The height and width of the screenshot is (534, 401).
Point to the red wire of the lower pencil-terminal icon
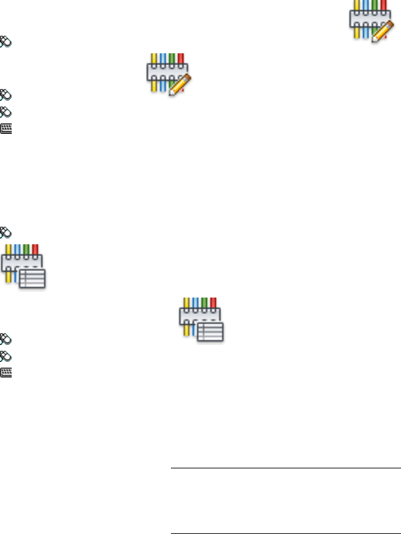(x=181, y=59)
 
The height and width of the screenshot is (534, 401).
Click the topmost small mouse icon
(x=6, y=41)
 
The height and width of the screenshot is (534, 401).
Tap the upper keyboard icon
(x=6, y=129)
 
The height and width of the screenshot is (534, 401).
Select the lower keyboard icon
(x=6, y=374)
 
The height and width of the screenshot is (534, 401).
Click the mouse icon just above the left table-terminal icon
(x=6, y=231)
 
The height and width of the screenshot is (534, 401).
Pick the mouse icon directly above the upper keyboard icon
(x=6, y=111)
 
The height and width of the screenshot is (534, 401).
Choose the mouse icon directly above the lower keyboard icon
(x=6, y=356)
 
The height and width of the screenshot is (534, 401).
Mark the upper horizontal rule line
(x=285, y=468)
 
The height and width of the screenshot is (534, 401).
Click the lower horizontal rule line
(x=285, y=516)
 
